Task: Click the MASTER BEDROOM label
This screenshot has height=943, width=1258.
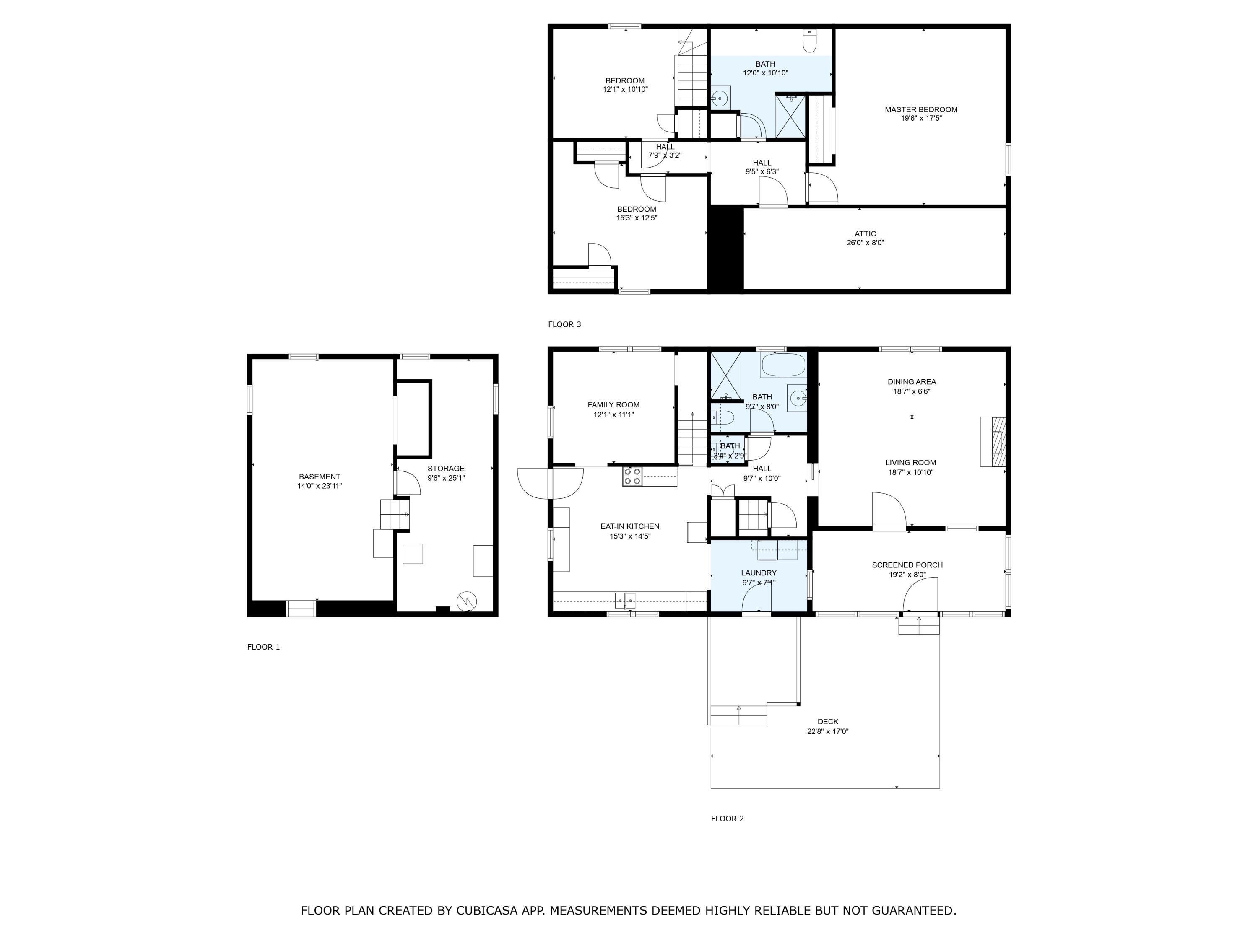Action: pos(921,110)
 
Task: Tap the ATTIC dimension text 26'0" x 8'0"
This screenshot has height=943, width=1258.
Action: pos(865,243)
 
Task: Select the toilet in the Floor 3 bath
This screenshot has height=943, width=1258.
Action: pos(809,41)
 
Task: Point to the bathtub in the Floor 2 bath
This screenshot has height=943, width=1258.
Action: pos(784,365)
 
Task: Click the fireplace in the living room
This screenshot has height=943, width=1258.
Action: pos(993,442)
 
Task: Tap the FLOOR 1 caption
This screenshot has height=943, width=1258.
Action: pos(263,647)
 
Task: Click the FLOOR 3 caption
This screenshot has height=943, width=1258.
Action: pos(564,324)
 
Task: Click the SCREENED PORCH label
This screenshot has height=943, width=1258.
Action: pos(907,565)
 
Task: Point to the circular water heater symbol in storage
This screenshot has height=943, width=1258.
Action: pos(466,601)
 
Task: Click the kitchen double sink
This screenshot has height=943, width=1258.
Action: pos(625,600)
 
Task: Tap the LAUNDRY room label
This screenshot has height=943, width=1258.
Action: pos(759,573)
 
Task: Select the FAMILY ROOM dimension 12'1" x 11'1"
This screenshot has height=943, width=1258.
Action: pos(613,415)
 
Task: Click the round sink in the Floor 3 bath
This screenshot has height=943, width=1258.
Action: pos(720,98)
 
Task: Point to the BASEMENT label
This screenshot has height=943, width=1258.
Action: pos(320,477)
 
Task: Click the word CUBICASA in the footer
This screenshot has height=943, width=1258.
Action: pos(487,911)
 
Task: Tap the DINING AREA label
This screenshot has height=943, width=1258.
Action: pos(912,382)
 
